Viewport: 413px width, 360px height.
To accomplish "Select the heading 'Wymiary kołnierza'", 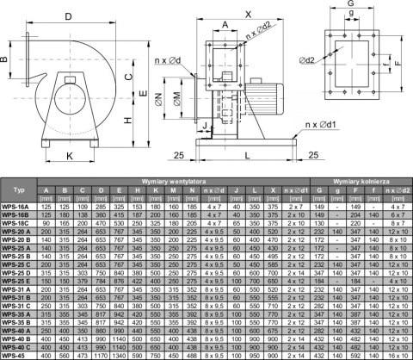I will (361, 183).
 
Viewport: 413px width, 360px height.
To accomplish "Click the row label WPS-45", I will (15, 354).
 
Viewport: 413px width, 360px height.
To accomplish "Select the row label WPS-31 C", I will (16, 305).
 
